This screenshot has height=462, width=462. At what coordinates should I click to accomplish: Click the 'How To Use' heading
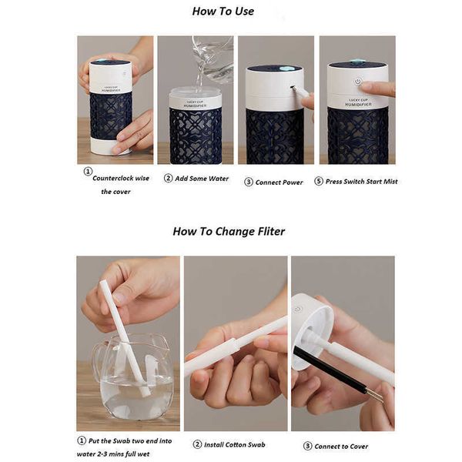pos(223,12)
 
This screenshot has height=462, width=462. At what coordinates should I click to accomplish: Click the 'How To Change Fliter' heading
pos(229,231)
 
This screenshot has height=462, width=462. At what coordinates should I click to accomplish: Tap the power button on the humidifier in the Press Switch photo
pos(358,82)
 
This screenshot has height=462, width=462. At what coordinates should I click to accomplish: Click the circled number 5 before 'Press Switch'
pos(319,181)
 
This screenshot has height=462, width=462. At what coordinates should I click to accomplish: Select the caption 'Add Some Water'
pos(202,179)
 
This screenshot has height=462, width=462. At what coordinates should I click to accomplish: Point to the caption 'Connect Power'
pos(279,182)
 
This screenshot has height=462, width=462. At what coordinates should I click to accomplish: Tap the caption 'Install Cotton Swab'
pos(235,444)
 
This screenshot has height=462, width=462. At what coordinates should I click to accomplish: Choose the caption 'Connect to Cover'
pos(341,447)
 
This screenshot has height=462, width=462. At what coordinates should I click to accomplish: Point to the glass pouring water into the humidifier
pos(213,58)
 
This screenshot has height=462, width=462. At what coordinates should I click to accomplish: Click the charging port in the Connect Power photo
pos(293,87)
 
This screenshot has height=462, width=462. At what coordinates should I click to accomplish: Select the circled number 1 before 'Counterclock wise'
pos(88,171)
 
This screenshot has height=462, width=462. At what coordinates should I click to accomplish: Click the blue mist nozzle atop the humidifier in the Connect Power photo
pos(285,69)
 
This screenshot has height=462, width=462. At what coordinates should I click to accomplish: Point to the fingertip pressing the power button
pos(367,87)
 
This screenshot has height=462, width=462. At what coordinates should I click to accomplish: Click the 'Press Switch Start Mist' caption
pos(362,182)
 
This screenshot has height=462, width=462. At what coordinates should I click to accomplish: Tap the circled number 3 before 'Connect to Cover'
pos(307,446)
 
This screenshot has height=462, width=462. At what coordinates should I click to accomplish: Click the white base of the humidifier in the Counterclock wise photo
pos(109,146)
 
